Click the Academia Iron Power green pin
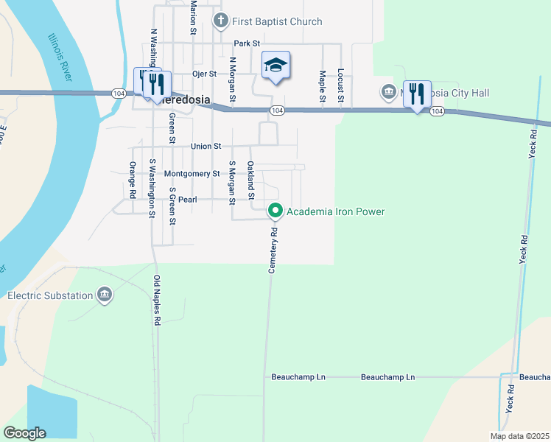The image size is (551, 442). tap(275, 211)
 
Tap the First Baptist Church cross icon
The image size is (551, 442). tap(219, 21)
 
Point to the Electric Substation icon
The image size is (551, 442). tap(105, 295)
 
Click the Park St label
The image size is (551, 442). tap(247, 44)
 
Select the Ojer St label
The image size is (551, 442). tap(204, 74)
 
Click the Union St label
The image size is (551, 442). tap(206, 147)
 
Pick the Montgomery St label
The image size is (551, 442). tap(192, 174)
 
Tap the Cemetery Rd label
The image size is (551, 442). tap(273, 250)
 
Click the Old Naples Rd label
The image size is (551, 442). tap(157, 301)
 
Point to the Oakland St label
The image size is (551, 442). tap(250, 180)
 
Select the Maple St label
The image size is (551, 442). tap(322, 86)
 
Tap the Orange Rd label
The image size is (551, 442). tap(133, 180)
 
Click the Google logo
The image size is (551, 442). tap(24, 433)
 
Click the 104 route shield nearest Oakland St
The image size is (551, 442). tap(276, 110)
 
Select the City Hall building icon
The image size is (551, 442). tap(388, 93)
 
